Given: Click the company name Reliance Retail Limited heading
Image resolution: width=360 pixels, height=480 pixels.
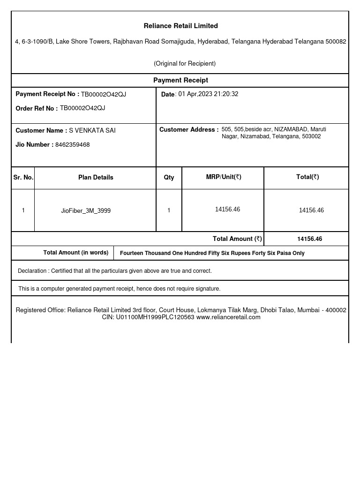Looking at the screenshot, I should tap(180, 26).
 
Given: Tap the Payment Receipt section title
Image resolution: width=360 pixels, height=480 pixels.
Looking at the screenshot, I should tap(180, 80).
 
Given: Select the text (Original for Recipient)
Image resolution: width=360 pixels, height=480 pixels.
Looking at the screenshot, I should tap(185, 63).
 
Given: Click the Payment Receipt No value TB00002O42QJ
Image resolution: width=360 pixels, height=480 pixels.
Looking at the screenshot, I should tap(103, 94).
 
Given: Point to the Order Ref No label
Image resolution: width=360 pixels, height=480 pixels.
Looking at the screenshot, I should tap(37, 108).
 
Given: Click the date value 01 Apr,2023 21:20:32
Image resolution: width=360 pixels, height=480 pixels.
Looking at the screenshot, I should tap(208, 94).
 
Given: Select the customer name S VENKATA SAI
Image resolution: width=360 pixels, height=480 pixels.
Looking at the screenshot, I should tap(92, 130).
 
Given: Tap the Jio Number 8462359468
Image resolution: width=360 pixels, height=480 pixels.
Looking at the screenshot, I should tap(72, 144).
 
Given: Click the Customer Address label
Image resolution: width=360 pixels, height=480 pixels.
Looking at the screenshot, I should tap(189, 129).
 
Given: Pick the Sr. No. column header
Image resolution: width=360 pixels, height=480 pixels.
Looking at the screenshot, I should tap(23, 177).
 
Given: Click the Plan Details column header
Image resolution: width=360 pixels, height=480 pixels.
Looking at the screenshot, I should tap(96, 177).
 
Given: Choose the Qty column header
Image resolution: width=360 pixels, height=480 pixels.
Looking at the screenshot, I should tap(169, 177).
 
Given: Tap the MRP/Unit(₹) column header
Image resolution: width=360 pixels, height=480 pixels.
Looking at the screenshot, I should tap(223, 177).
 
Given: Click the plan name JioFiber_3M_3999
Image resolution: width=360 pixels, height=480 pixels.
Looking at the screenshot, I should tap(86, 210).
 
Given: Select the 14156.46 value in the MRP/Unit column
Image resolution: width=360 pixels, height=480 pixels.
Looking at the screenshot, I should tap(227, 209).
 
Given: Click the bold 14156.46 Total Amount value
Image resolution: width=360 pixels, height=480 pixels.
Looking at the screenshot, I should tap(309, 239).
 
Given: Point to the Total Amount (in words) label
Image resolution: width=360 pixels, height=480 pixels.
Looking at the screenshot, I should tap(75, 253).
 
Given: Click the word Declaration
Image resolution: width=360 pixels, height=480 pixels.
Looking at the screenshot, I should tap(32, 271).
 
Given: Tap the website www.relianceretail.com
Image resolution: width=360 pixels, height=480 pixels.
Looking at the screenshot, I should tap(228, 317).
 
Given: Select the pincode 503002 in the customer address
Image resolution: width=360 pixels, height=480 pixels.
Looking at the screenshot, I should tap(311, 136).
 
